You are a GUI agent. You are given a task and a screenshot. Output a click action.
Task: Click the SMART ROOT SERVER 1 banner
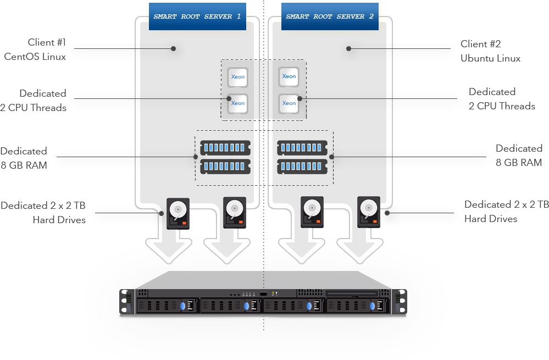coord(197,16)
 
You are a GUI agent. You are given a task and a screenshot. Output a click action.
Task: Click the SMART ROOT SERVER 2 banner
coord(330,16)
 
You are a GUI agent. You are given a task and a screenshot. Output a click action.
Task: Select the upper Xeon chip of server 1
coord(237,77)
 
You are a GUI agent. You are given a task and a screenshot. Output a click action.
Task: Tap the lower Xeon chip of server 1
coord(237,103)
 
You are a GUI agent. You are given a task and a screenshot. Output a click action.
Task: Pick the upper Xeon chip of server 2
coord(289,77)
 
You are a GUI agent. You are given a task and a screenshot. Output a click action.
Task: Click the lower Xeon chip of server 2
coord(289,103)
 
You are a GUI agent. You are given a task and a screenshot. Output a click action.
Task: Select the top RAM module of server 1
coord(225,147)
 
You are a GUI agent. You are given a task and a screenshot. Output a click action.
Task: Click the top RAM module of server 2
coord(302,147)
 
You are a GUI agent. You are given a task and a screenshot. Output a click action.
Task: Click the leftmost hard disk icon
coord(178,213)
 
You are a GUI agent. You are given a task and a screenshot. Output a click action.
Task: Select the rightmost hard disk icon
coord(369,212)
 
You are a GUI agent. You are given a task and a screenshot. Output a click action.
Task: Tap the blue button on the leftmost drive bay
coord(183,306)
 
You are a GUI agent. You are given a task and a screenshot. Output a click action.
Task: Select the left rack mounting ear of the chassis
coord(127,303)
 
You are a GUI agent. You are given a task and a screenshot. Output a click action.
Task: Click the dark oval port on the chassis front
coord(264,294)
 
